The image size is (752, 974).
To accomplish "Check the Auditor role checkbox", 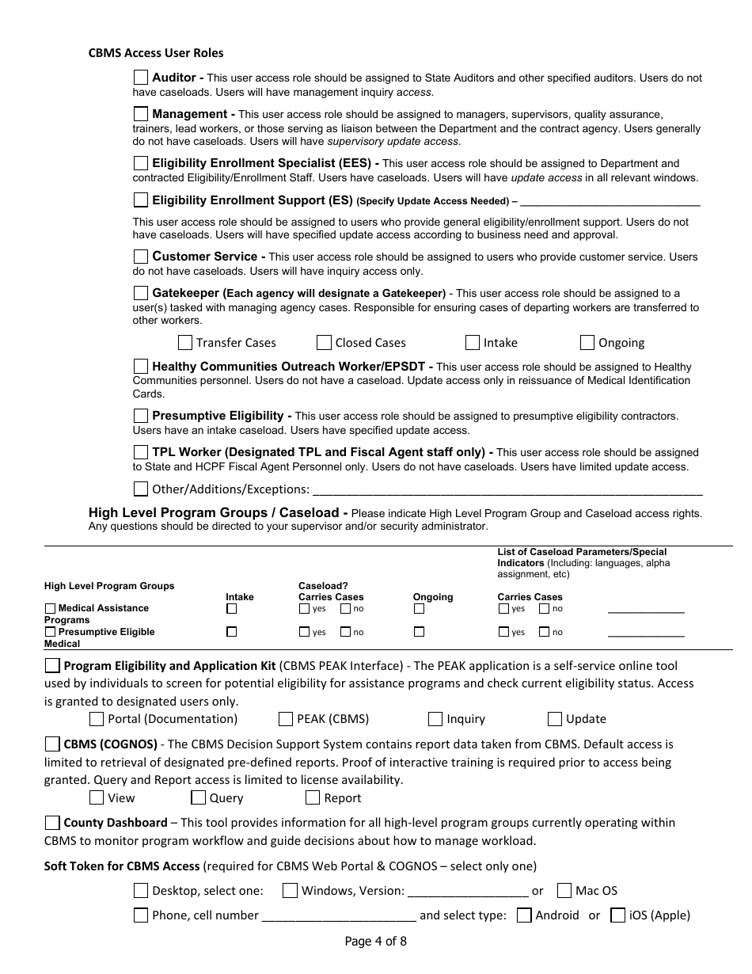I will (x=141, y=78).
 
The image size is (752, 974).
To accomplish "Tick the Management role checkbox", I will (x=141, y=114).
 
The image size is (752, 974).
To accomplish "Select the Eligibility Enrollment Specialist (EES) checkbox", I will (x=141, y=163).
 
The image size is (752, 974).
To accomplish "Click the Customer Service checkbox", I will (x=141, y=257).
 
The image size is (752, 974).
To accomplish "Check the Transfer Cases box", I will (x=185, y=343).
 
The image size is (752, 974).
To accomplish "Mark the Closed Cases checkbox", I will (x=324, y=343).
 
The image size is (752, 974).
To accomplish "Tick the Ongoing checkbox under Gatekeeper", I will (x=587, y=343).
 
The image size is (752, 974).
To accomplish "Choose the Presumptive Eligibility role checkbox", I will (x=141, y=416).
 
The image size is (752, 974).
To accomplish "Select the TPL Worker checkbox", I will (x=141, y=452).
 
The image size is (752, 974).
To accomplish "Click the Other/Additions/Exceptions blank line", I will (x=507, y=490).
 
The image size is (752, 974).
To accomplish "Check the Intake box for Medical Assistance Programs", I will (x=232, y=609).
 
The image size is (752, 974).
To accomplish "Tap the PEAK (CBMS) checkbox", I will (x=286, y=719).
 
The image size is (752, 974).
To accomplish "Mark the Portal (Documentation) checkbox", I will (x=97, y=719).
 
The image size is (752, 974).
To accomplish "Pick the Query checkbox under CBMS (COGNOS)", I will (x=198, y=798).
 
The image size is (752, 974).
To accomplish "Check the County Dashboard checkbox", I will (x=52, y=823).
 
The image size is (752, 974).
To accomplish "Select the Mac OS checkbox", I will (x=564, y=891).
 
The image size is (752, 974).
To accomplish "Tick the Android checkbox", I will (x=524, y=915).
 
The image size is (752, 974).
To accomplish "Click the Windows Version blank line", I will (x=468, y=892).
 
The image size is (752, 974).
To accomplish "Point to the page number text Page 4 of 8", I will (x=376, y=942).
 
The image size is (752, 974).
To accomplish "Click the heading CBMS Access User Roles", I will (x=156, y=53).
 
